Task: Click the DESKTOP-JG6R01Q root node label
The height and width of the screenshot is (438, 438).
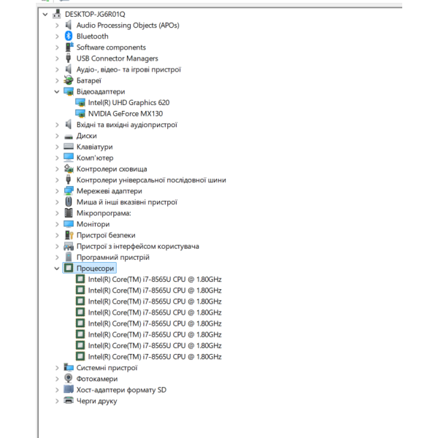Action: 95,15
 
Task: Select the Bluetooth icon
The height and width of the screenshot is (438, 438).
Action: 69,36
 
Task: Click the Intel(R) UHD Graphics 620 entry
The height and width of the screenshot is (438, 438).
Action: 128,103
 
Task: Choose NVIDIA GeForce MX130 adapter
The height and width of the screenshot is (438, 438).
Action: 126,114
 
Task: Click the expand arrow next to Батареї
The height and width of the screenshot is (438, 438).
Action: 57,81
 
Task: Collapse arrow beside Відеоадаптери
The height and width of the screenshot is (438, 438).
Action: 57,92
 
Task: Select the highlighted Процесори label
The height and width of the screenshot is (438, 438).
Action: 95,269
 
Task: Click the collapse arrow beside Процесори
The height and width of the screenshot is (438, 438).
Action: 57,269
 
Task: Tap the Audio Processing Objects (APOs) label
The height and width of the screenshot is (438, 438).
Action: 128,26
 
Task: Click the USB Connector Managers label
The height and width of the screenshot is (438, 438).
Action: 118,58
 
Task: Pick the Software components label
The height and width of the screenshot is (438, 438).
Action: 111,47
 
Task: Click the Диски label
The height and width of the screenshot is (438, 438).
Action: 87,136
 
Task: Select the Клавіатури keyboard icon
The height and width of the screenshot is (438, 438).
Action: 69,147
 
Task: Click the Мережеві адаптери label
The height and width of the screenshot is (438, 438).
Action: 109,191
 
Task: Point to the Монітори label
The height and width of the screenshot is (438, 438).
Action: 93,224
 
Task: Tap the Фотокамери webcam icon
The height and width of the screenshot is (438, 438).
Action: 69,378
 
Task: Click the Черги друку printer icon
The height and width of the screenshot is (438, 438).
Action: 69,400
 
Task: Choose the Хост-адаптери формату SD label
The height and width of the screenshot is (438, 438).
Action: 121,390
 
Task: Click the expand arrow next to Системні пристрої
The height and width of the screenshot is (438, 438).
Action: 57,368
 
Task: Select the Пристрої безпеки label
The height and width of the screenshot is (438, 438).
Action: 106,236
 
